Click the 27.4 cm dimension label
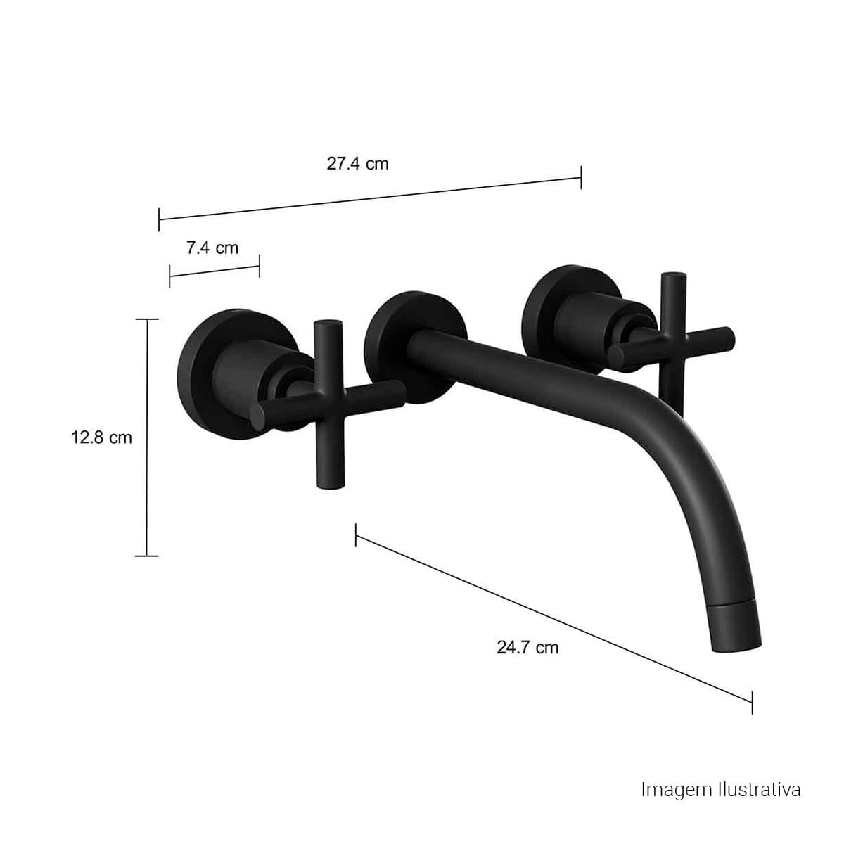[x=357, y=164]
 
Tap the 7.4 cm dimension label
[x=212, y=248]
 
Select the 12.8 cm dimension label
[x=101, y=437]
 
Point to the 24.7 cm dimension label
[x=527, y=647]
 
